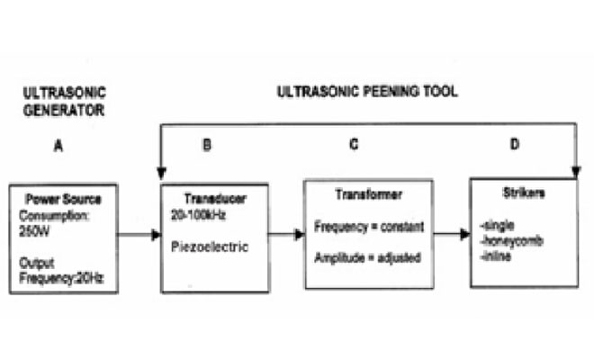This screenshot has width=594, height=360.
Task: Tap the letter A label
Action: [58, 145]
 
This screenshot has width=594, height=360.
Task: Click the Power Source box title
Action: [63, 199]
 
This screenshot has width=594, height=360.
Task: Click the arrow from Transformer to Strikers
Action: [449, 234]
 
